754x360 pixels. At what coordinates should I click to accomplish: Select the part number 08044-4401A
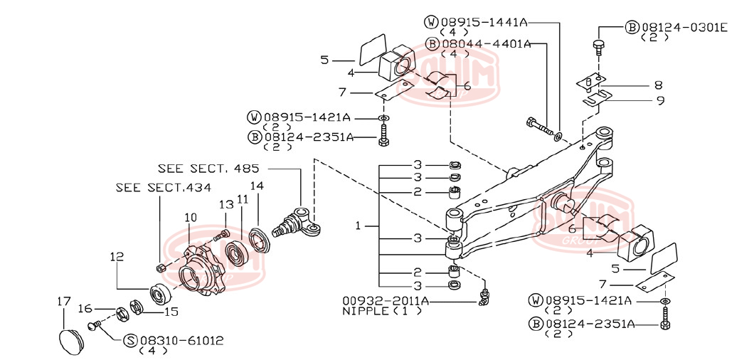coord(485,43)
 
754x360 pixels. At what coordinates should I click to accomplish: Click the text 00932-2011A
coord(385,301)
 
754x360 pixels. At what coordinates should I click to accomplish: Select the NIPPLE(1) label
coord(376,311)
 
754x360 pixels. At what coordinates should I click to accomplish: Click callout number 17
coord(63,302)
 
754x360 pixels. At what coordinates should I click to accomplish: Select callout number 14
coord(257,186)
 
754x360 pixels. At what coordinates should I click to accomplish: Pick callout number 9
coord(660,100)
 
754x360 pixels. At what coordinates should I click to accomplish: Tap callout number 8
coord(658,85)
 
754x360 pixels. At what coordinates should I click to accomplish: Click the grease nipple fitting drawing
coord(484,297)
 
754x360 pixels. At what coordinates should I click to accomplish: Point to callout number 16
coord(85,309)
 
